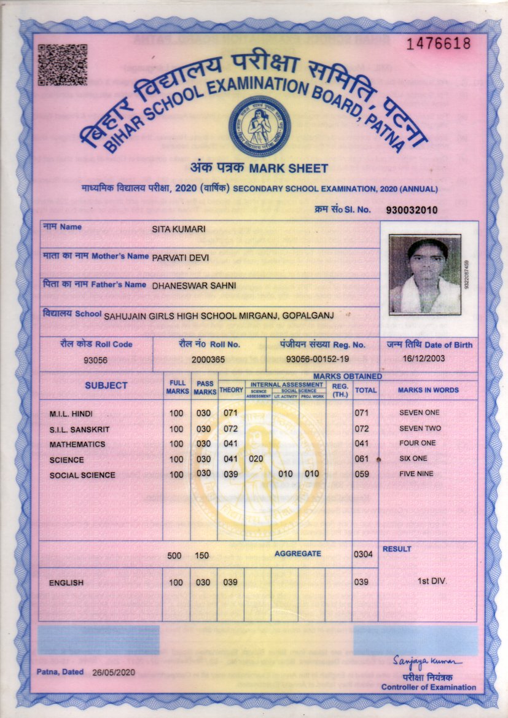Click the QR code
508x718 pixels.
pos(62,64)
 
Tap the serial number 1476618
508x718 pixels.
pos(439,43)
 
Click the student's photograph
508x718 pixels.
pos(425,273)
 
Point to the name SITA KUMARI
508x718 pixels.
pos(179,230)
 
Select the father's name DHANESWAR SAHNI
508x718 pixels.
pos(193,285)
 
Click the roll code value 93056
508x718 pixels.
pos(95,361)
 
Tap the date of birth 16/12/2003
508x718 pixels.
pos(424,359)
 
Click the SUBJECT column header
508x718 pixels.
pos(106,386)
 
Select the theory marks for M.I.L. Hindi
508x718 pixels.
pos(230,413)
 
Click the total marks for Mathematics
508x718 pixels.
pos(361,443)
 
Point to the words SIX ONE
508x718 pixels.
pos(413,459)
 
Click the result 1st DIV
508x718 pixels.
pos(432,581)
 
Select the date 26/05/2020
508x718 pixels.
pos(112,673)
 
